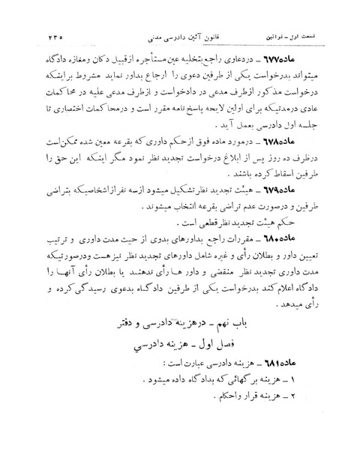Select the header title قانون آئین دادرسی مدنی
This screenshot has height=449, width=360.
click(181, 31)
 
